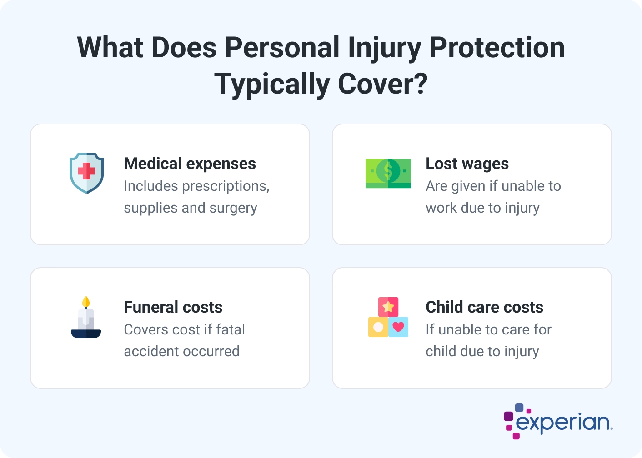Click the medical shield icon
(86, 173)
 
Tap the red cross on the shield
(86, 171)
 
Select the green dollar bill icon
(388, 173)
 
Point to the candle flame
(86, 302)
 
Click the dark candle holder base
(86, 334)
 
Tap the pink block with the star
(388, 307)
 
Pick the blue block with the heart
(398, 327)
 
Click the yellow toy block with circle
(378, 327)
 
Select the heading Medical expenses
(190, 164)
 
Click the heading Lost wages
(467, 164)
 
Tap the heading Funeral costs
(173, 307)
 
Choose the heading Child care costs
(484, 307)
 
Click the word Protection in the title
(497, 48)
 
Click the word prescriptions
(226, 186)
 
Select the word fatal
(231, 329)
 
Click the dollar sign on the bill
(388, 171)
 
